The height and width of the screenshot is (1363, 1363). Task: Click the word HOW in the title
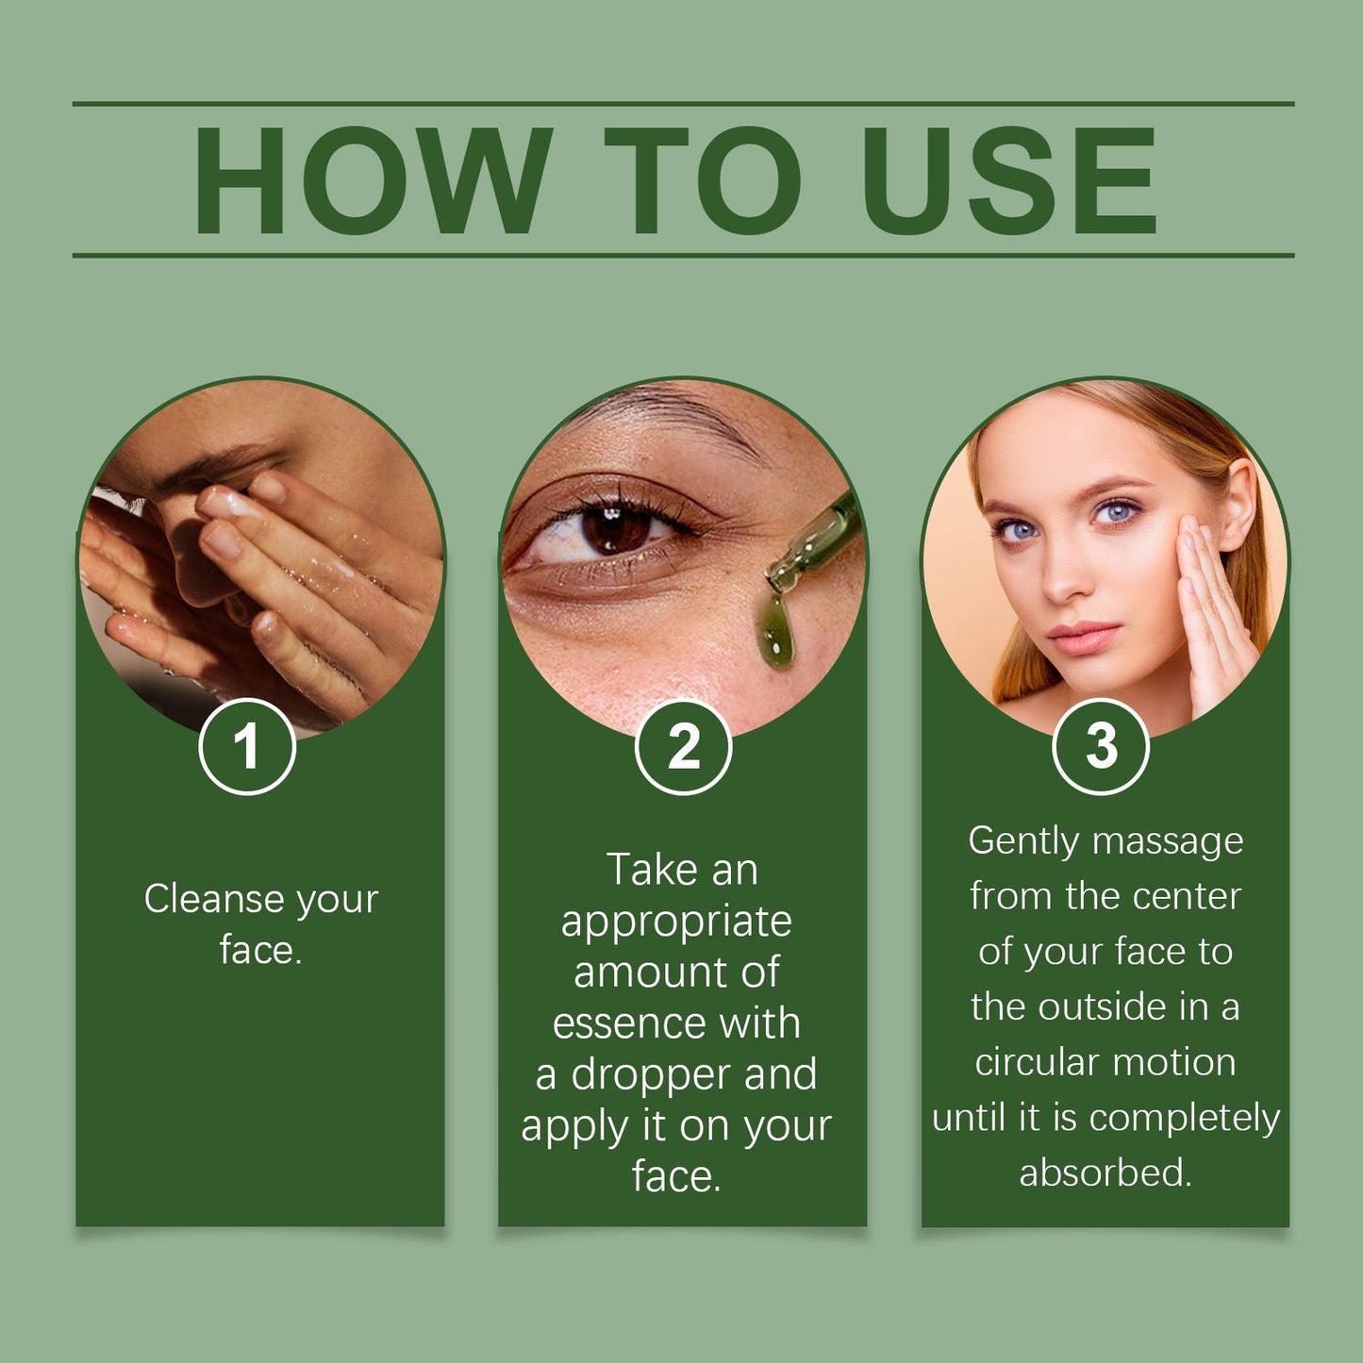(373, 180)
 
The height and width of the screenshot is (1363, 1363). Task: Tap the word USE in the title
(1008, 180)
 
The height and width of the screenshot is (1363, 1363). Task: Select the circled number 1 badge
(247, 746)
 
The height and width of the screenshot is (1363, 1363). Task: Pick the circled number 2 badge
(683, 746)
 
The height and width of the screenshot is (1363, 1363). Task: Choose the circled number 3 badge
(1102, 746)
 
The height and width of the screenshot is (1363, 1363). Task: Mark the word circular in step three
(1037, 1062)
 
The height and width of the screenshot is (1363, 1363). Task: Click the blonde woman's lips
(1084, 637)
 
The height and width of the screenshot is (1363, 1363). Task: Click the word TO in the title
(703, 180)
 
